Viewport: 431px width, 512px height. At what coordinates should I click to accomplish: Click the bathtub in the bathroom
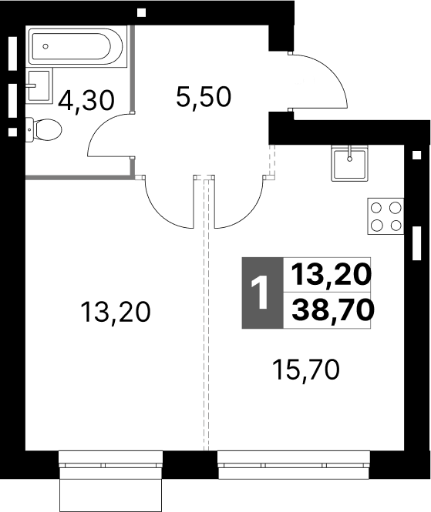[77, 47]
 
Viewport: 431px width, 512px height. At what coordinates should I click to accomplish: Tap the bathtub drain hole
[45, 46]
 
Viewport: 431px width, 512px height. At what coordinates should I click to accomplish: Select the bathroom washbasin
[39, 86]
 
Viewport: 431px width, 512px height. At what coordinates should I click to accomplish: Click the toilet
[43, 129]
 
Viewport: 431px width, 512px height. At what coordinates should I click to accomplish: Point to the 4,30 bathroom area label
[86, 101]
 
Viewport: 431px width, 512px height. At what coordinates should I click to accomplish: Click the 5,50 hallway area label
[204, 97]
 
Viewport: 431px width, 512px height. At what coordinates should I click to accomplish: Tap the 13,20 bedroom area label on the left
[116, 312]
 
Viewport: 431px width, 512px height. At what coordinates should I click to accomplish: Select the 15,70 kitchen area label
[306, 370]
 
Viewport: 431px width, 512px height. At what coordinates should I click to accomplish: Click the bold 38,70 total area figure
[332, 310]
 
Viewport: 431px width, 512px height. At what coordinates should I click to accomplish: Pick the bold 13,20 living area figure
[331, 274]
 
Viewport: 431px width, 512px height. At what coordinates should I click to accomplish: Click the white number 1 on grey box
[261, 293]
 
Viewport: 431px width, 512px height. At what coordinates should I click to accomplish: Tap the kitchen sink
[350, 163]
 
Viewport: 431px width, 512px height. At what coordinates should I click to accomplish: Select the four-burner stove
[386, 216]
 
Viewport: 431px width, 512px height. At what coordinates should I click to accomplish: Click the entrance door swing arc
[334, 71]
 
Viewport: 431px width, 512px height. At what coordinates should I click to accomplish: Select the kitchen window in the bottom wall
[294, 465]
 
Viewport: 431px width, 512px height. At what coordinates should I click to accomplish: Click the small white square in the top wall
[141, 13]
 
